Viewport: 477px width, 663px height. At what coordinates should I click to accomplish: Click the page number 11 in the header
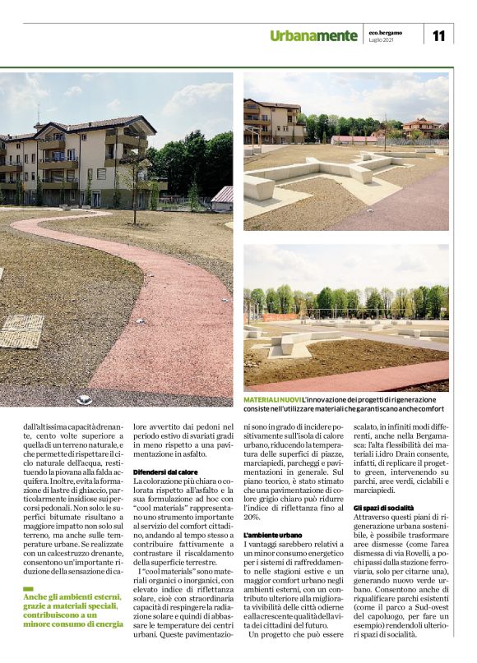coord(438,35)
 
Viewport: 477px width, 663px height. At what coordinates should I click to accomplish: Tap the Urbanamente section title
coord(314,35)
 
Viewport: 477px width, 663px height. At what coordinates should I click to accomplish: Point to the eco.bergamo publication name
coord(384,31)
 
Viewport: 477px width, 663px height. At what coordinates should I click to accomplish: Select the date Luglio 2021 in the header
coord(380,39)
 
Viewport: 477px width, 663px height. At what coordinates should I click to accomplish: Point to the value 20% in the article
coord(252,518)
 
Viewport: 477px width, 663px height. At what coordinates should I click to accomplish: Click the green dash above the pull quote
coord(28,588)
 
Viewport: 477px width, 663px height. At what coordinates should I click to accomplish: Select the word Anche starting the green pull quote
coord(36,597)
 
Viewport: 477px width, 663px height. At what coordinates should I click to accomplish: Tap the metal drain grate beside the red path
coord(21,331)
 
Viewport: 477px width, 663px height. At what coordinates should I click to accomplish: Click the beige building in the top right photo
coord(274,122)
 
